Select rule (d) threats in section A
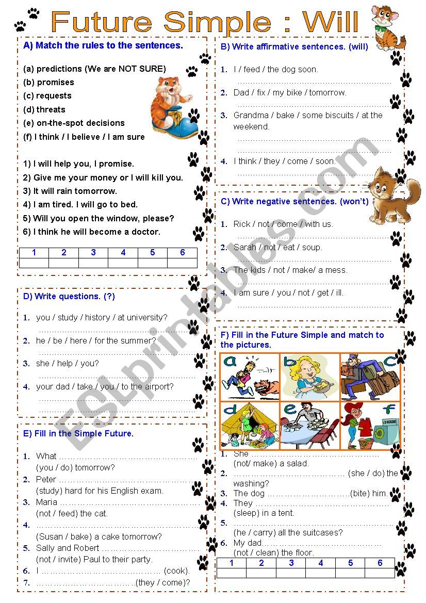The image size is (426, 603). click(x=44, y=109)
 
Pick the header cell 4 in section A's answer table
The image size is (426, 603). click(x=123, y=253)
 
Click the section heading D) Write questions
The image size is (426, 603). click(x=69, y=296)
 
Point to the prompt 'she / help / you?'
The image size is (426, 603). click(x=67, y=363)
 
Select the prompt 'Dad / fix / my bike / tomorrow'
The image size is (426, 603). click(x=289, y=92)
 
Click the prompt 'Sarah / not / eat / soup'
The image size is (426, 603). click(x=277, y=247)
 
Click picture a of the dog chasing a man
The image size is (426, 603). click(x=250, y=377)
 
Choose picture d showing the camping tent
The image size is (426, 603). click(x=250, y=426)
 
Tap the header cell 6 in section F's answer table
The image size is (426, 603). click(x=380, y=563)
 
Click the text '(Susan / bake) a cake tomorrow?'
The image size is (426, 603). click(x=99, y=536)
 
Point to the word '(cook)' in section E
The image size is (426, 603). click(x=176, y=571)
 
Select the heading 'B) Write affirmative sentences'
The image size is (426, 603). click(x=294, y=46)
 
